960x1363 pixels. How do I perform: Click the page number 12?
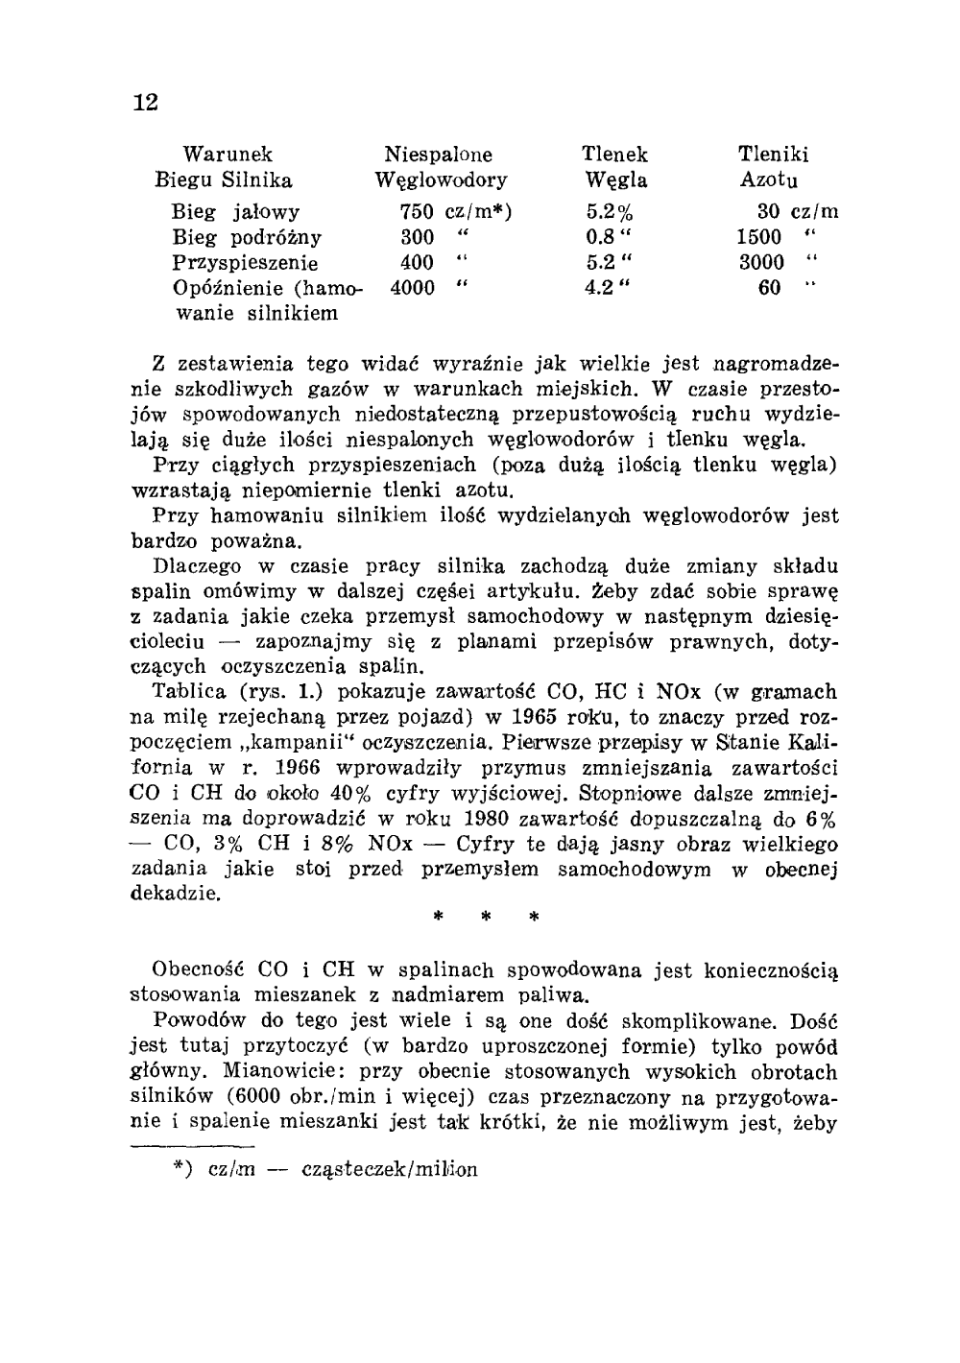[145, 103]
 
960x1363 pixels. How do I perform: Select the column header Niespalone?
[438, 155]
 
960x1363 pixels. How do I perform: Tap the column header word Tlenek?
[614, 155]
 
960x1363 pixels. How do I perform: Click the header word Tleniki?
[773, 155]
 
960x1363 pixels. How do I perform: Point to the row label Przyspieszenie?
[246, 262]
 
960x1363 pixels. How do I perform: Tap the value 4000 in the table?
[413, 287]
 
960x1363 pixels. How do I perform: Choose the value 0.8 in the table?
[601, 237]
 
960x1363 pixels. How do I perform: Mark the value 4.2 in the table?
[601, 287]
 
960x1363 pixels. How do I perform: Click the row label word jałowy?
[267, 212]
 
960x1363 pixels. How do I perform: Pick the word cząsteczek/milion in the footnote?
[389, 1170]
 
